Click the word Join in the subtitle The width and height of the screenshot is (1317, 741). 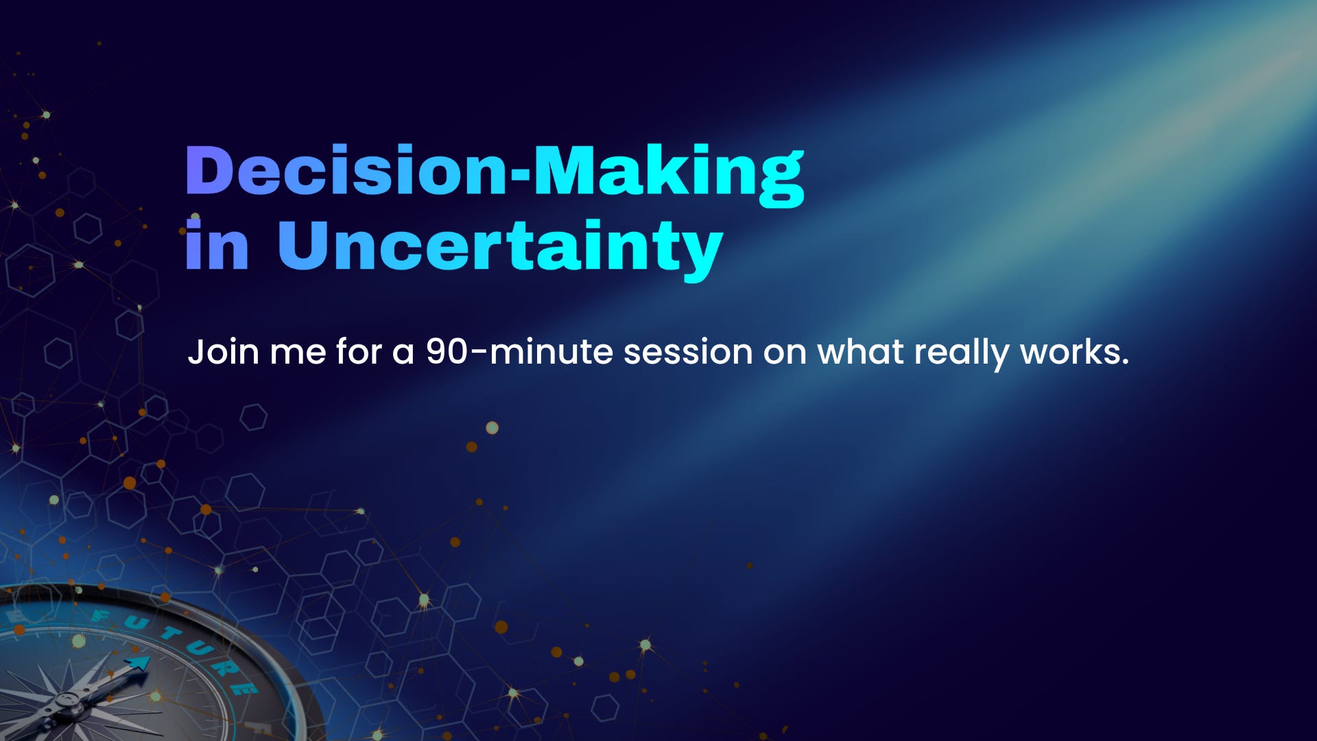coord(223,353)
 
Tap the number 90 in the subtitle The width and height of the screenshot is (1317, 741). coord(447,351)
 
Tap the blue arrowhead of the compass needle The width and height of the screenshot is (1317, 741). coord(138,663)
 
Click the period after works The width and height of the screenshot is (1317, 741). coord(1124,361)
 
